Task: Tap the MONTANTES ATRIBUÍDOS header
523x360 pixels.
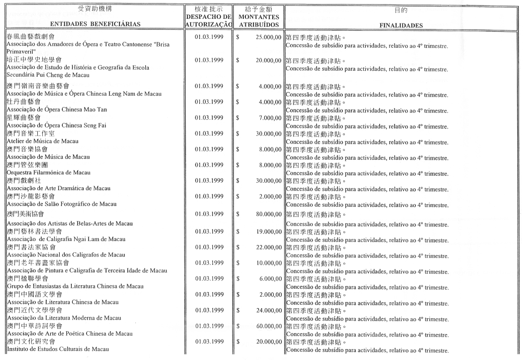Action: point(258,20)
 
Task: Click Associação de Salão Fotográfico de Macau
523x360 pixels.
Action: point(62,204)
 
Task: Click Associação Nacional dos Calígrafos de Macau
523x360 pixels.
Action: point(66,254)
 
